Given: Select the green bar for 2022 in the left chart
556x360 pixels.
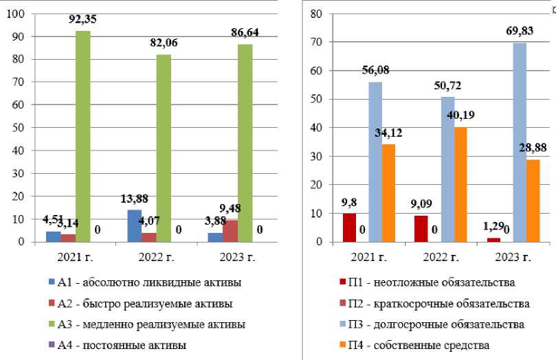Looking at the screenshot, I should (163, 148).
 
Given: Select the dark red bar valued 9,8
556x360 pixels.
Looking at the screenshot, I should (349, 227).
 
